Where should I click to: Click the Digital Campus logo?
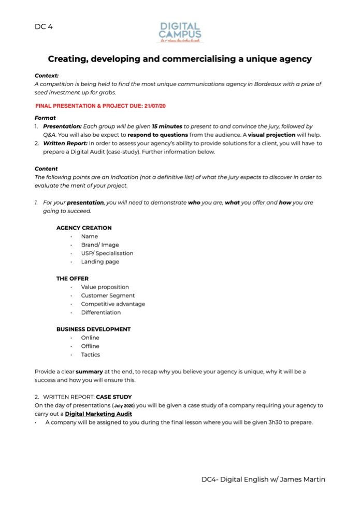click(180, 32)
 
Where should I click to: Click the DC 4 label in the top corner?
click(44, 26)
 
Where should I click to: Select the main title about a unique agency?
click(180, 59)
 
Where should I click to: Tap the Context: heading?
click(47, 75)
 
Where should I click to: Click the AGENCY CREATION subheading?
click(84, 228)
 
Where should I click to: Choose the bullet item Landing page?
click(100, 262)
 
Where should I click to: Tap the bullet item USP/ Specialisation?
click(107, 253)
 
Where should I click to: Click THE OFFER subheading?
click(73, 278)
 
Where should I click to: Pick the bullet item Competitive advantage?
click(113, 304)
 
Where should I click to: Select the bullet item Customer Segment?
click(108, 295)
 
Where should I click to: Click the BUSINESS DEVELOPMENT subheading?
click(93, 329)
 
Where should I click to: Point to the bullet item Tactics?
click(90, 355)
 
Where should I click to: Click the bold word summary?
click(89, 372)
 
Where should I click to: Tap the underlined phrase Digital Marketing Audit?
click(98, 414)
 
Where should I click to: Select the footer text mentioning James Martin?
click(263, 479)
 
